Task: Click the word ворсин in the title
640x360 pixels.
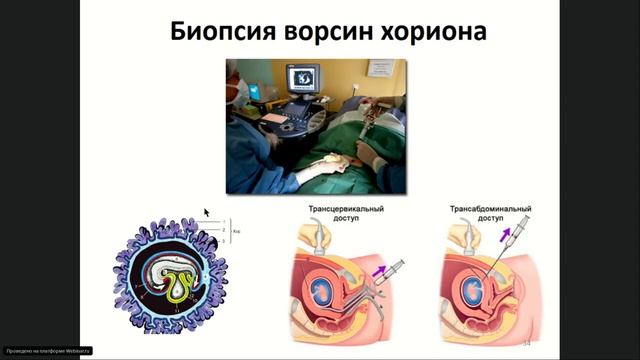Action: (x=335, y=32)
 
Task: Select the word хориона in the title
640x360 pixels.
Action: (x=437, y=32)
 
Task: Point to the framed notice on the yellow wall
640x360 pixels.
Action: (x=380, y=68)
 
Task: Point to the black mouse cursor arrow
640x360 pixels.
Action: (x=207, y=213)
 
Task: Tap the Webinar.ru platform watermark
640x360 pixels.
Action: (x=48, y=350)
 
